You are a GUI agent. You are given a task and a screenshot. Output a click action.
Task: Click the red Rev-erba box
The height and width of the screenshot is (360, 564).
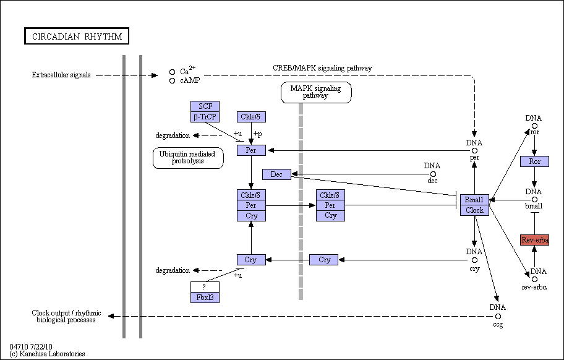point(534,240)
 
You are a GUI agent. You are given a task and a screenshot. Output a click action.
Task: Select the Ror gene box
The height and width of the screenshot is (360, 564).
point(534,161)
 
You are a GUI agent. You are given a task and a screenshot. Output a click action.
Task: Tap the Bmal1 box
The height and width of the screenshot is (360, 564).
point(474,200)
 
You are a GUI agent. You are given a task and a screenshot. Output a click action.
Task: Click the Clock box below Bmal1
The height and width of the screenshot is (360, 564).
point(474,210)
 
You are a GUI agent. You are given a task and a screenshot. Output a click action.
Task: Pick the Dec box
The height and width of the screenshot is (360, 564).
point(276,174)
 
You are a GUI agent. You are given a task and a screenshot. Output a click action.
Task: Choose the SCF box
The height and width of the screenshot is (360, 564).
point(205,106)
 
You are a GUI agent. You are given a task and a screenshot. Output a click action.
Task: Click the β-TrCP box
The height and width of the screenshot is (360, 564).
point(205,117)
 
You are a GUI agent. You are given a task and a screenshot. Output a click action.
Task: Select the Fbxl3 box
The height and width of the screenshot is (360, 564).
point(205,298)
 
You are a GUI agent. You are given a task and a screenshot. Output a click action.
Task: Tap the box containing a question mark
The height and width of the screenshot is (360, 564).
point(205,287)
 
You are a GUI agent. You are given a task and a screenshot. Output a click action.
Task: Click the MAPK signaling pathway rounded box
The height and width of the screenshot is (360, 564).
point(316,92)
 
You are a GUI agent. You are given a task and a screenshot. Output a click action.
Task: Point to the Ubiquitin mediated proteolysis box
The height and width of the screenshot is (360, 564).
point(188,158)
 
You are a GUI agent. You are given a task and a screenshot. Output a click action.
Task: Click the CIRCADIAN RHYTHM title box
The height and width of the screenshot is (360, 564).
point(77,36)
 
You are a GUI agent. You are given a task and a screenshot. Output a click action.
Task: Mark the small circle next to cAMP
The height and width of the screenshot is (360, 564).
point(173,81)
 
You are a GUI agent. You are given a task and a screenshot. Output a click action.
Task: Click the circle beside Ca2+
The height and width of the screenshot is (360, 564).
point(173,72)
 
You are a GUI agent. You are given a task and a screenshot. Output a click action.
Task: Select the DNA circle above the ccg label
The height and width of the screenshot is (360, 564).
point(498,317)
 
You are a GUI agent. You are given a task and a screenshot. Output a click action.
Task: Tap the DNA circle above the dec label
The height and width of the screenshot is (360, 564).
point(433,174)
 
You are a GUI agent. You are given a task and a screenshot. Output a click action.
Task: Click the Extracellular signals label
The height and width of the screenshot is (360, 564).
point(61,75)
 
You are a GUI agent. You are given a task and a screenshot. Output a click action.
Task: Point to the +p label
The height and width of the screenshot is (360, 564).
point(257,134)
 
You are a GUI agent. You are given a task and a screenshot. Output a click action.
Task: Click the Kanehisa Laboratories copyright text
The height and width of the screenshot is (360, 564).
point(47,354)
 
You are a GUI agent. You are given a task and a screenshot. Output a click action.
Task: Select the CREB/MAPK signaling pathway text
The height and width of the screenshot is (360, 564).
point(322,68)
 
